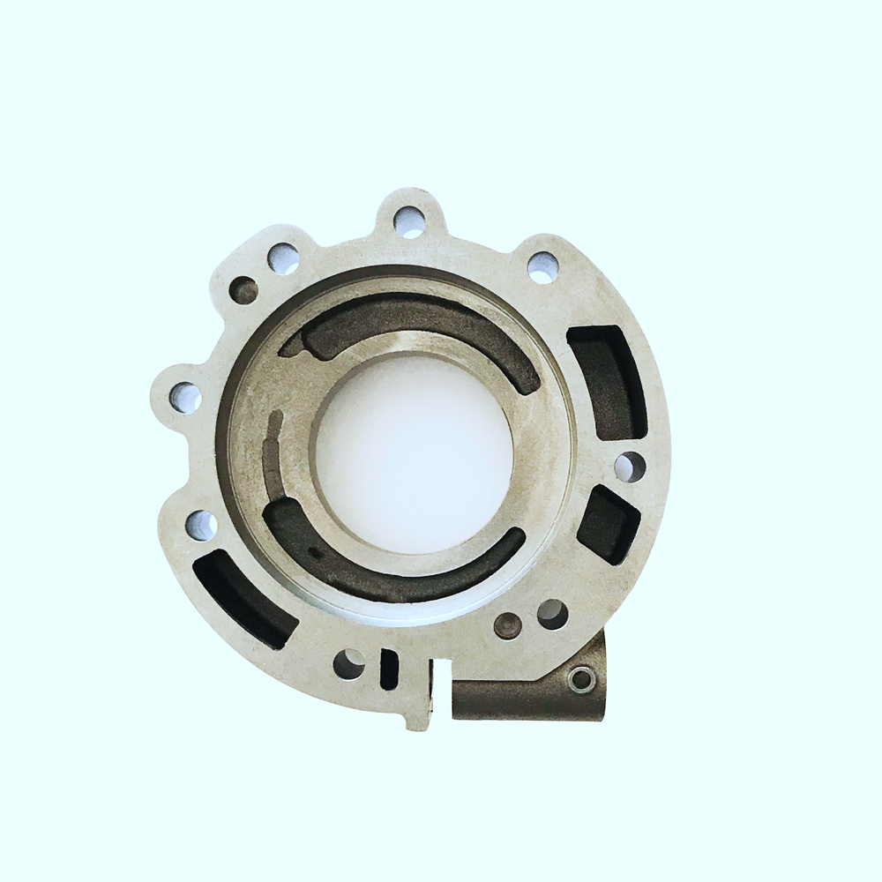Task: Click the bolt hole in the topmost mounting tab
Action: [x=409, y=220]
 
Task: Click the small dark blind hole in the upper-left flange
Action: [x=243, y=289]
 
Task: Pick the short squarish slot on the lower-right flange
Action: [x=608, y=524]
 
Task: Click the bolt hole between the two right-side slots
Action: [x=630, y=467]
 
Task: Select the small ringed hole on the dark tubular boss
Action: [x=580, y=680]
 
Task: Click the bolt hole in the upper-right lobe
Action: [x=542, y=266]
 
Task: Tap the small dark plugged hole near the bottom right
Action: [x=508, y=626]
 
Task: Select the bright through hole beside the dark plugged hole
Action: [x=552, y=614]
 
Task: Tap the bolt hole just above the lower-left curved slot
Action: [x=202, y=526]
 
